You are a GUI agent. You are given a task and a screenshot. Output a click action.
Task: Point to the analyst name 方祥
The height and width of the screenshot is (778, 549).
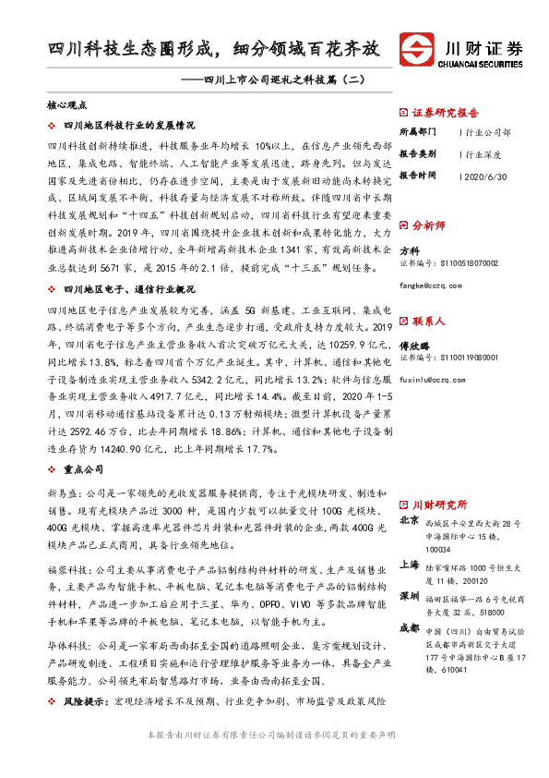pos(409,250)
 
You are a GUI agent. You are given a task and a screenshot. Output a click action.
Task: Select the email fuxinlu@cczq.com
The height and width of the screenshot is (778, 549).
pos(432,378)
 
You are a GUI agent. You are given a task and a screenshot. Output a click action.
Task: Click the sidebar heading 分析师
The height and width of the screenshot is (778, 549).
pos(428,224)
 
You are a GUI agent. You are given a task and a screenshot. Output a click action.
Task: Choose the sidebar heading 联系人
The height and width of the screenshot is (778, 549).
pos(428,321)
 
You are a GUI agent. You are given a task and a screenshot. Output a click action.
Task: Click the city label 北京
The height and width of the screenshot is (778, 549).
pos(410,520)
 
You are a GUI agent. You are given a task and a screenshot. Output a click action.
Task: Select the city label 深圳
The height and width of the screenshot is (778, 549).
pos(410,597)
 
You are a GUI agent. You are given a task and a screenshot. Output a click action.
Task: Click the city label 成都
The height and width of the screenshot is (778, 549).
pos(410,628)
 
